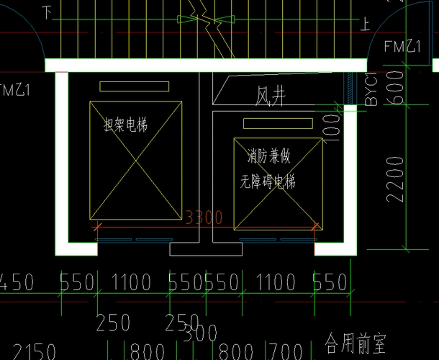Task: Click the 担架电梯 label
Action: click(125, 126)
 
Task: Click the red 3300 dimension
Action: click(204, 217)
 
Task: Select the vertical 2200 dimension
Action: click(395, 180)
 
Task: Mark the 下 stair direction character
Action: click(47, 12)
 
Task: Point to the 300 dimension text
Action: click(201, 334)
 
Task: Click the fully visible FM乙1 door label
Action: click(403, 47)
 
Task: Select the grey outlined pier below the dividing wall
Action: click(191, 248)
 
